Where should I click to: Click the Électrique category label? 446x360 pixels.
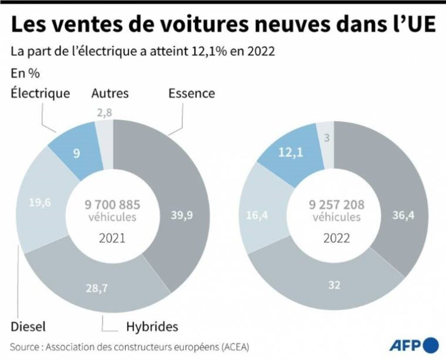click(x=40, y=94)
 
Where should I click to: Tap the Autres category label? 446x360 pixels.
click(x=110, y=94)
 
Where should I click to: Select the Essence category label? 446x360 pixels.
click(x=192, y=94)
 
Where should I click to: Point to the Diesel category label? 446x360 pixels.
click(x=28, y=326)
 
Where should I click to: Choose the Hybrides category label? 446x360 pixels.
click(x=152, y=326)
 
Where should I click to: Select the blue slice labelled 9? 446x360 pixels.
click(x=77, y=154)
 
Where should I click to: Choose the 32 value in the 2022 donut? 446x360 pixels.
click(x=334, y=285)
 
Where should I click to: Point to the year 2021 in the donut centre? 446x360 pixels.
click(x=112, y=238)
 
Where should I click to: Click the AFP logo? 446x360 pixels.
click(x=414, y=346)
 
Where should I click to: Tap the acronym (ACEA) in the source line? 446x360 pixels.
click(x=233, y=347)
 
